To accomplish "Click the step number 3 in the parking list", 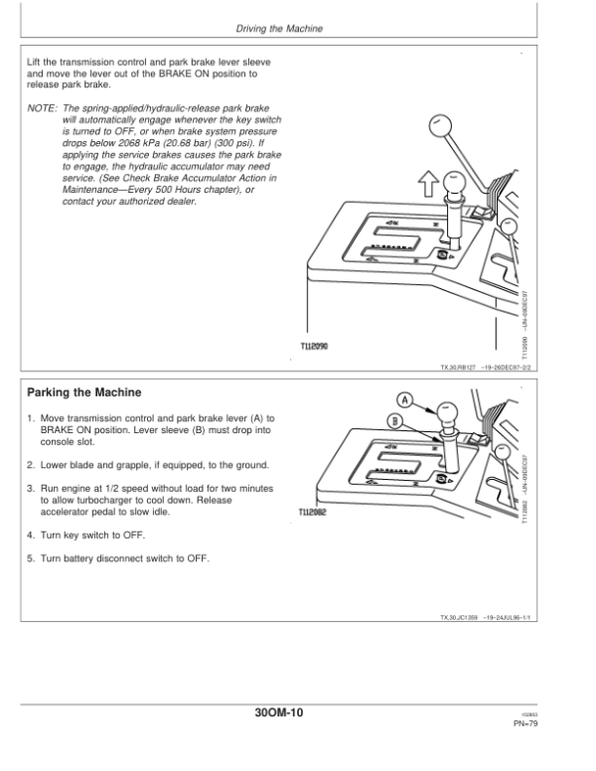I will tap(30, 489).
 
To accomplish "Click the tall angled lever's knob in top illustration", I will tap(439, 123).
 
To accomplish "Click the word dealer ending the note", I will tap(180, 203).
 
